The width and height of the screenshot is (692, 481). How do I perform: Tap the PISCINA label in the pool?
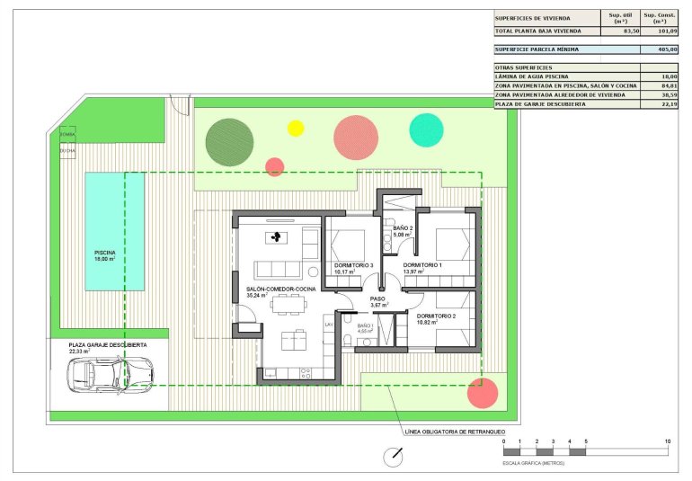click(x=105, y=254)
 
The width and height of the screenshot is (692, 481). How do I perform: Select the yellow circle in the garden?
click(x=296, y=128)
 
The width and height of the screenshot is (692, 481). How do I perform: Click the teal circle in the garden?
click(x=426, y=130)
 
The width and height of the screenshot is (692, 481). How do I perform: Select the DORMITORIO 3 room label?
click(x=353, y=265)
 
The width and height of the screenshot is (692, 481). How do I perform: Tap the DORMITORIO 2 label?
click(x=437, y=316)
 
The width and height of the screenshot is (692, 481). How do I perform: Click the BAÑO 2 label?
click(x=403, y=229)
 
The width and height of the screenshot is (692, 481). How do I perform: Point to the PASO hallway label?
click(x=378, y=298)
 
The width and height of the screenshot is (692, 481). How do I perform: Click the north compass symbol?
click(x=393, y=457)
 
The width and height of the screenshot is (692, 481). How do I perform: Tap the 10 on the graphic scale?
click(x=667, y=442)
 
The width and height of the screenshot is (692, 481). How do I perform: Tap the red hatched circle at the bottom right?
click(x=483, y=393)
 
